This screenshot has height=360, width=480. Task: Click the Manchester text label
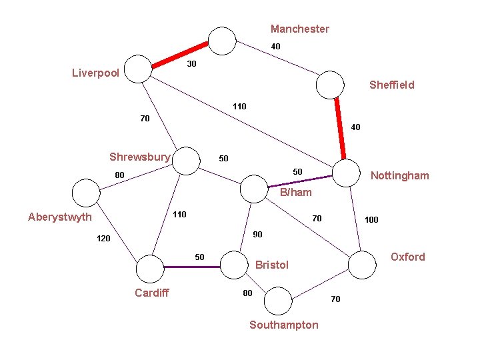(299, 29)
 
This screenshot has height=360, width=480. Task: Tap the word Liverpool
(95, 73)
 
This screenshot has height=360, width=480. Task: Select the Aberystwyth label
(60, 217)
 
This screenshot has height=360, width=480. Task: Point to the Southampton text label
(283, 325)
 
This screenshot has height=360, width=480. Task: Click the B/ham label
(295, 193)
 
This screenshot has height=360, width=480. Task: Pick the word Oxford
(407, 257)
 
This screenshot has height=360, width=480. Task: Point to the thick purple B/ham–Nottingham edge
(299, 181)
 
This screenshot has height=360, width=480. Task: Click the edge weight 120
(103, 238)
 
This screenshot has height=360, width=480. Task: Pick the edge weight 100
(371, 219)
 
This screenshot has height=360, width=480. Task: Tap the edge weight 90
(257, 234)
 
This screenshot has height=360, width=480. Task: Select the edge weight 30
(191, 64)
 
